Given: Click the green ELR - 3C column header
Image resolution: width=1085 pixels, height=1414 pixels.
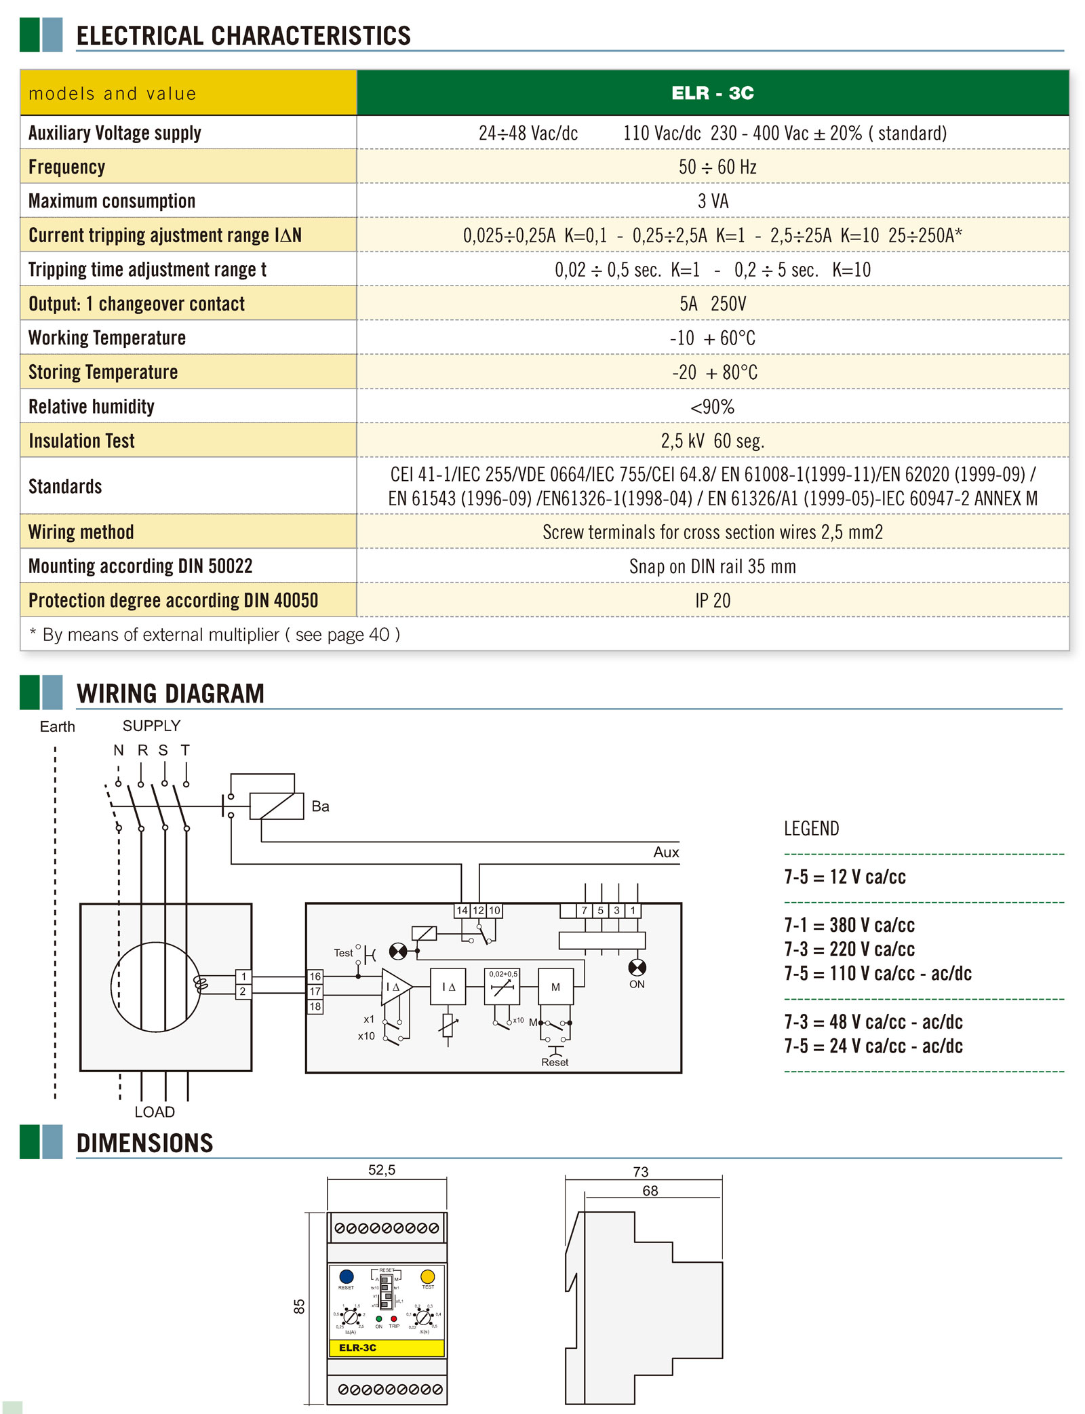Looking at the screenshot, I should coord(712,93).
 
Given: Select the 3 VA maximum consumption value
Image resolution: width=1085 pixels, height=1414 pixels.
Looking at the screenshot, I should coord(713,201).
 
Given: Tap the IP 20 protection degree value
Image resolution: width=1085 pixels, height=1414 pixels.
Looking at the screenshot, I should coord(713,601).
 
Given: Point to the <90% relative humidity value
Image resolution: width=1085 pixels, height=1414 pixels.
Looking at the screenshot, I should coord(712,407).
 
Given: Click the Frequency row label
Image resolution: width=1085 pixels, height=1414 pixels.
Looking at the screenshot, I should coord(67,167).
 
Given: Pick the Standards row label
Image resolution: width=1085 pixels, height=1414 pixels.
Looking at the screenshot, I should coord(65,486).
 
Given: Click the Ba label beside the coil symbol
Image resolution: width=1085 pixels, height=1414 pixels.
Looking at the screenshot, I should coord(320,806).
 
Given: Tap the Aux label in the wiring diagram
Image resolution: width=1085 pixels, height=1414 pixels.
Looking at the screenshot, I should coord(666,852).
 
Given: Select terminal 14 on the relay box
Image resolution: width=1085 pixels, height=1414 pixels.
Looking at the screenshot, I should coord(462,910).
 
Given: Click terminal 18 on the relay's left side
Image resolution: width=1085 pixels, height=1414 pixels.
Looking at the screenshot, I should coord(315,1006).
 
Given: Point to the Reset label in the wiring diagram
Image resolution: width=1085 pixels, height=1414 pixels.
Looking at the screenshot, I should coord(555,1062).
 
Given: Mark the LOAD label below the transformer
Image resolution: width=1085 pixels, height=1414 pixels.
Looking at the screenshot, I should coord(155,1112).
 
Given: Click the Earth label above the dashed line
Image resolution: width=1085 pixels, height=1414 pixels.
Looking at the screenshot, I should coord(58,727).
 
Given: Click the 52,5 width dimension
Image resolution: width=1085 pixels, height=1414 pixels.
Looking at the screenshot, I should coord(382,1170).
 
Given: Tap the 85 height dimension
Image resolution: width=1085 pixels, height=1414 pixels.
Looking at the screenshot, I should coord(299,1306).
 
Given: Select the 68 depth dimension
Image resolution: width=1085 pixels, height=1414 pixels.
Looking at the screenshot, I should coord(650,1191).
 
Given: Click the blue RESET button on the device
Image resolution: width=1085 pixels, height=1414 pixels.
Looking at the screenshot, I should coord(347,1277).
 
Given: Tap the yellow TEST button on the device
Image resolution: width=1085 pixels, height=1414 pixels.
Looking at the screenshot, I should coord(427,1277).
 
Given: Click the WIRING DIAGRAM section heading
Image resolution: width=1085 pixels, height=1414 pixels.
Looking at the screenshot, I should coord(170,693).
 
